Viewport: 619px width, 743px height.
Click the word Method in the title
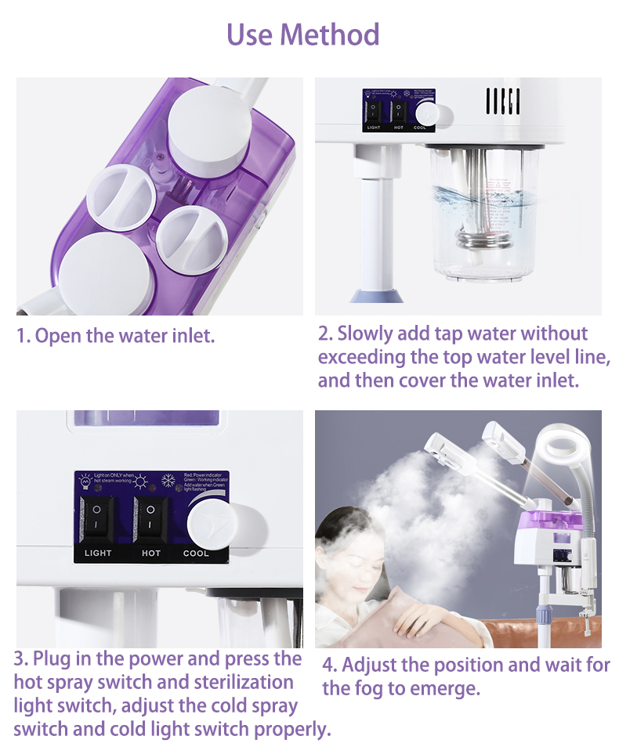330,34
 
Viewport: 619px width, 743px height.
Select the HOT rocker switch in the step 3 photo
150,519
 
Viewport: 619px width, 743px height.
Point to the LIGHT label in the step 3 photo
98,553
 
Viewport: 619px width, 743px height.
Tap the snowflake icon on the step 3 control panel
167,480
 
